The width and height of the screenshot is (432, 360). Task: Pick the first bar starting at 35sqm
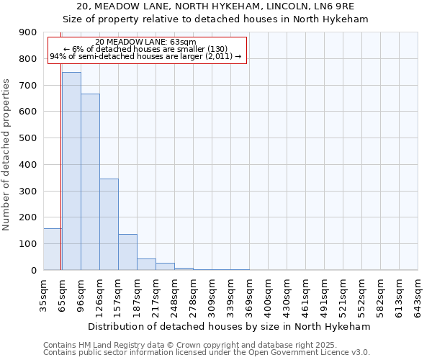[x=53, y=249]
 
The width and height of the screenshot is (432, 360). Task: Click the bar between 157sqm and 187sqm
[x=127, y=252]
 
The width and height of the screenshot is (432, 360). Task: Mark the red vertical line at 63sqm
[x=61, y=180]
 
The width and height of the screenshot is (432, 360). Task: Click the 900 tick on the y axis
[x=28, y=32]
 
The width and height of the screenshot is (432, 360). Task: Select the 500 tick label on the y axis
[x=28, y=138]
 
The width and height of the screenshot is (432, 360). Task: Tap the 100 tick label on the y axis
[x=28, y=244]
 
